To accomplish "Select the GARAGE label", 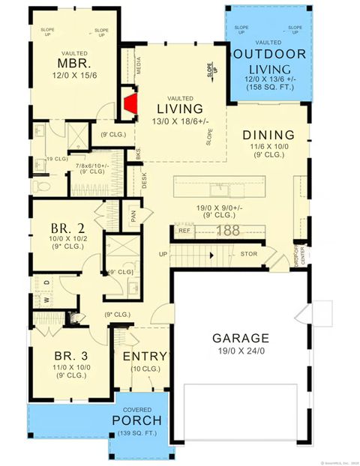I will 241,338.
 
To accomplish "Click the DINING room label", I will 268,136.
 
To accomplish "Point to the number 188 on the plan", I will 227,231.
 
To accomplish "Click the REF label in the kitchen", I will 185,232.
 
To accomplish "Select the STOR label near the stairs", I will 250,255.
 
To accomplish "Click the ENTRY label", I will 144,356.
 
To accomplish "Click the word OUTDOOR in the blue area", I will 268,54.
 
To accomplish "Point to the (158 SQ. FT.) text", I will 268,88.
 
